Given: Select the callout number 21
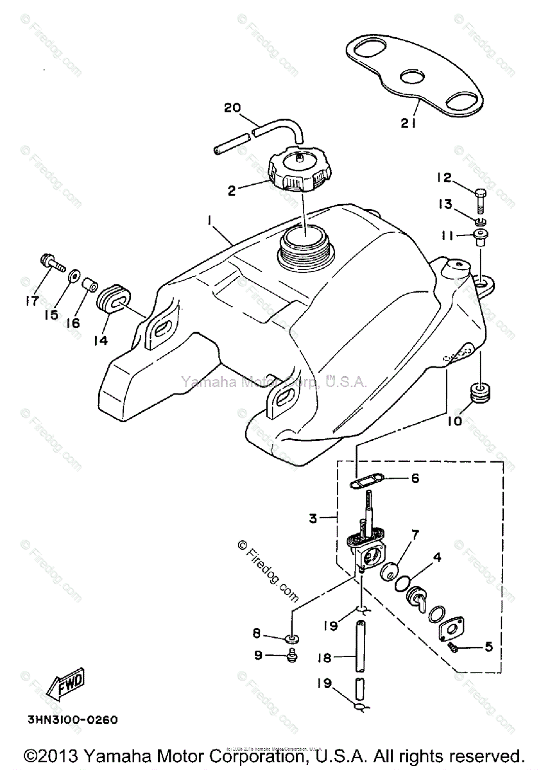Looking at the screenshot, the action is coord(408,124).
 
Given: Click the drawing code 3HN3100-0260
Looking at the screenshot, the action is coord(72,719).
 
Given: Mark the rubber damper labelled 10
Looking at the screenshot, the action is coord(477,392).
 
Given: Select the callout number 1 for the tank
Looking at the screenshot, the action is coord(209,220).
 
